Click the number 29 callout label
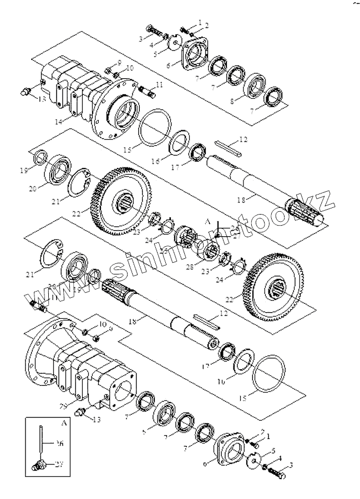tap(63, 406)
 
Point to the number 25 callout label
tap(164, 251)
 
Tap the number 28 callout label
tap(191, 267)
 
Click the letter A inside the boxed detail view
tap(64, 422)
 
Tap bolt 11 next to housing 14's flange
tap(146, 90)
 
